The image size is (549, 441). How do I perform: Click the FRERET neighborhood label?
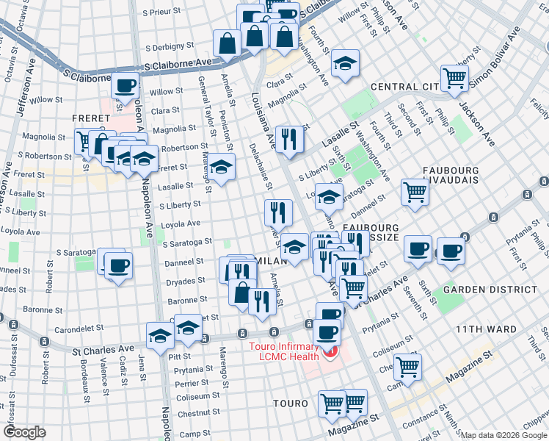[x=90, y=118]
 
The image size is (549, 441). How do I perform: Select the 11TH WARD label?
[x=486, y=329]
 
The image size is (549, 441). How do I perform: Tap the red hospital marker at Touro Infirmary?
[x=329, y=356]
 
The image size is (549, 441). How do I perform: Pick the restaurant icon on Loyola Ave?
[x=278, y=213]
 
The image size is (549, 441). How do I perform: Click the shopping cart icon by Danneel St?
[x=415, y=192]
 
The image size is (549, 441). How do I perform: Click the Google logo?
[x=24, y=432]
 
